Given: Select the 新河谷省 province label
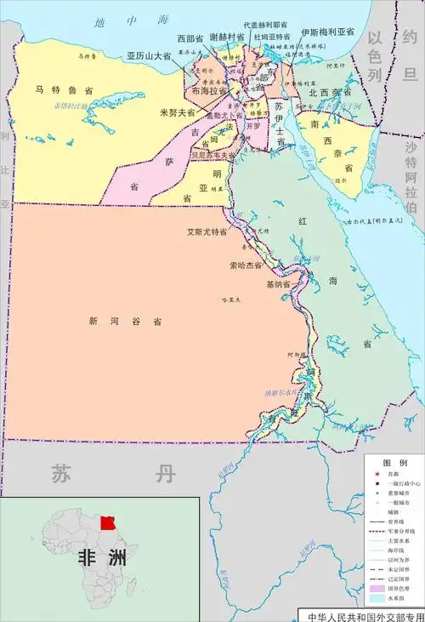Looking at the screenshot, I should tap(125, 322).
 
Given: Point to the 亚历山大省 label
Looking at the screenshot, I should tap(149, 55).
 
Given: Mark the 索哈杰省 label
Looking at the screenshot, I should tap(245, 265).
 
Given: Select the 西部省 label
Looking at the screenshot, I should tap(190, 38).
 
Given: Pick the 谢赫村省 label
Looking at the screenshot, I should tap(228, 37).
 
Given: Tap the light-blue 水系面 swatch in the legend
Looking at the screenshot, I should tap(379, 599).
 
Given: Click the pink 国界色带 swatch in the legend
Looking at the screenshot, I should tap(379, 587).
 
